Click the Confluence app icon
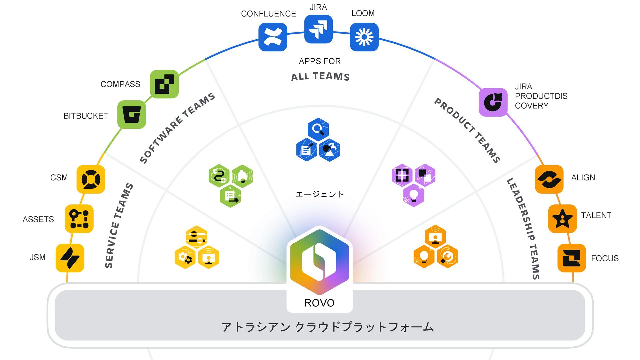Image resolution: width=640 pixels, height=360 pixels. [273, 37]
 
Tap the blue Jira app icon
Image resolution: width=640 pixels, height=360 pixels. [318, 29]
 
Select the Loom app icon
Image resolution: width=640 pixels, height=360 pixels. [364, 37]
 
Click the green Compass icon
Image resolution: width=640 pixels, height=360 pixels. [164, 84]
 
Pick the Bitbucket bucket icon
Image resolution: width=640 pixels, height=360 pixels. [132, 114]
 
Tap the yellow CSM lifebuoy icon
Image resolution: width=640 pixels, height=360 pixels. [91, 179]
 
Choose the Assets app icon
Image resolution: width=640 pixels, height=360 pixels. [79, 219]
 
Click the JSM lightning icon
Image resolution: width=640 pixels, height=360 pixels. [70, 258]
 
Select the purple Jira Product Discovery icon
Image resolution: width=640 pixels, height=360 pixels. [493, 102]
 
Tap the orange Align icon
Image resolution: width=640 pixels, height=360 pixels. [549, 179]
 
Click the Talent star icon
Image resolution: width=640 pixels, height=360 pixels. [562, 219]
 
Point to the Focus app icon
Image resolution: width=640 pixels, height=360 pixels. [572, 258]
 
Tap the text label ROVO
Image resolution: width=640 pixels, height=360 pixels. [319, 303]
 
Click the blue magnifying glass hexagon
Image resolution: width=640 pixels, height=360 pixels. [318, 129]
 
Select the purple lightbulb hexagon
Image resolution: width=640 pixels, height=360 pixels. [414, 196]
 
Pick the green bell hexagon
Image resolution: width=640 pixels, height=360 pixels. [242, 176]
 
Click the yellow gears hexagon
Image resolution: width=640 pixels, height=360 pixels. [185, 257]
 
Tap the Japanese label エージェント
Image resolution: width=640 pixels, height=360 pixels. [320, 194]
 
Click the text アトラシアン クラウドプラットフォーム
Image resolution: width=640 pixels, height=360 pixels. [327, 327]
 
